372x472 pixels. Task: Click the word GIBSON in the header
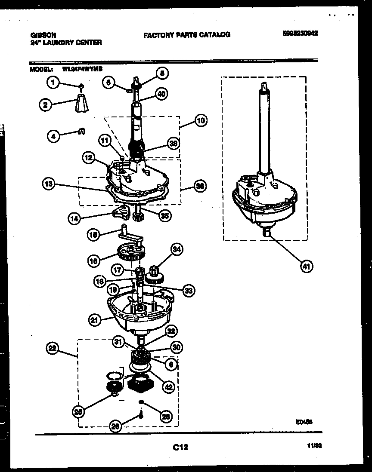coord(43,35)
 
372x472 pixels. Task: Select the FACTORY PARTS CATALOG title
coord(186,35)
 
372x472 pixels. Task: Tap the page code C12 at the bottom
coord(180,447)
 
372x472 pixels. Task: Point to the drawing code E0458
coord(304,422)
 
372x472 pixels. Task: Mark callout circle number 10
coord(200,120)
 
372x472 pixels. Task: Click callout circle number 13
coord(49,184)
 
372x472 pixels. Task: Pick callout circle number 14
coord(74,218)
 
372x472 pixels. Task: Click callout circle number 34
coord(176,248)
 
